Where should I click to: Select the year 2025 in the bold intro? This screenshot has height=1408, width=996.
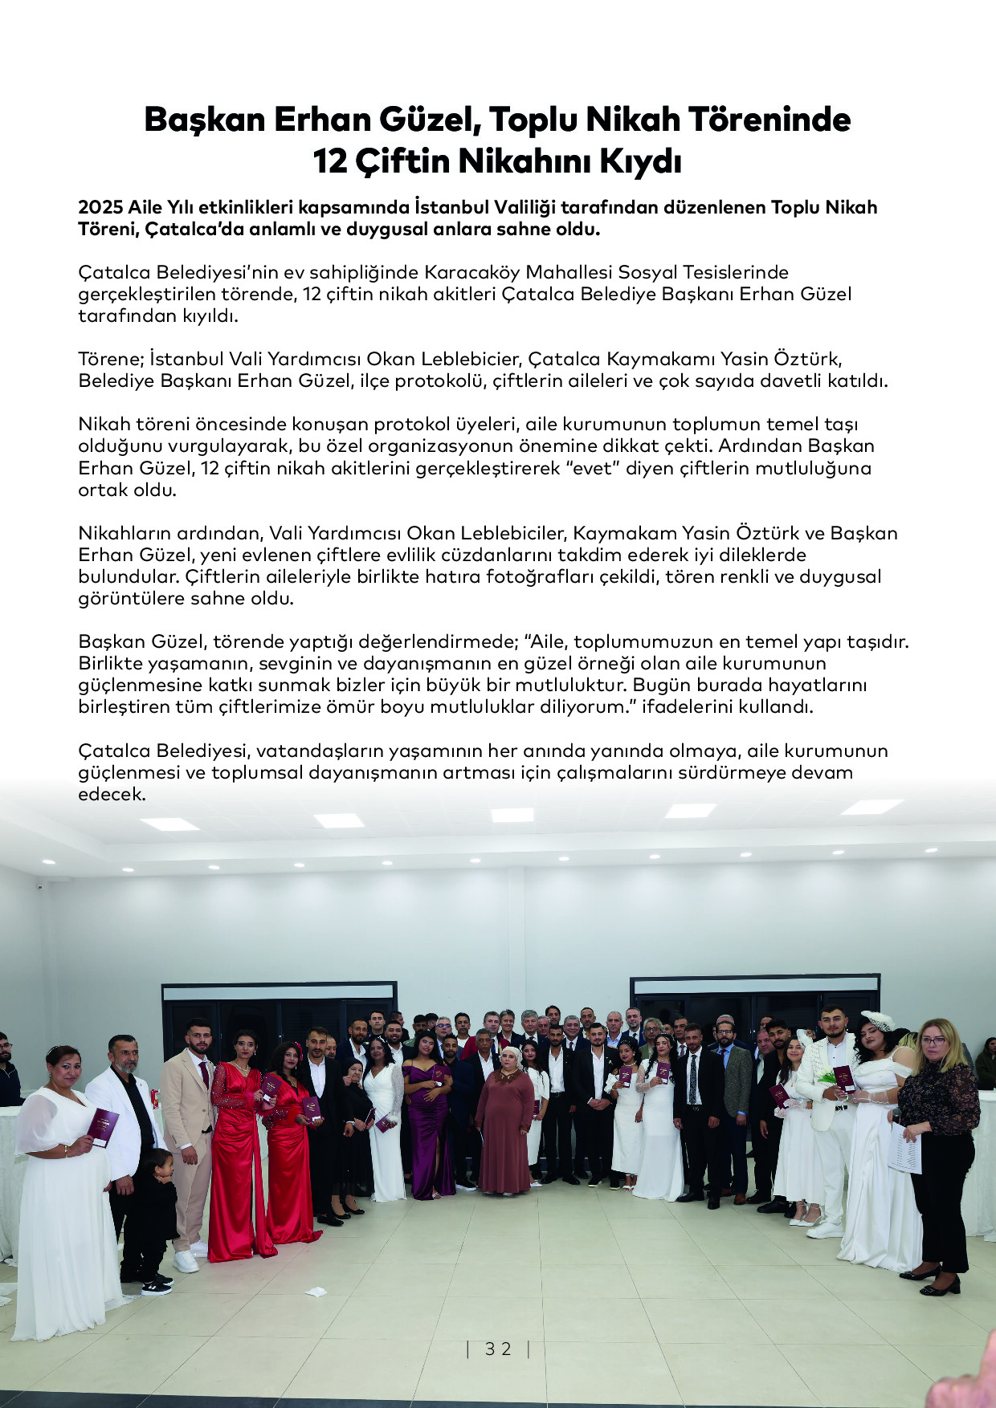(100, 208)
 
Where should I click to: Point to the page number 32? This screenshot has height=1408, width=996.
(498, 1349)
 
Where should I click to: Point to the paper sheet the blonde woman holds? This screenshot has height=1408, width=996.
(905, 1148)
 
